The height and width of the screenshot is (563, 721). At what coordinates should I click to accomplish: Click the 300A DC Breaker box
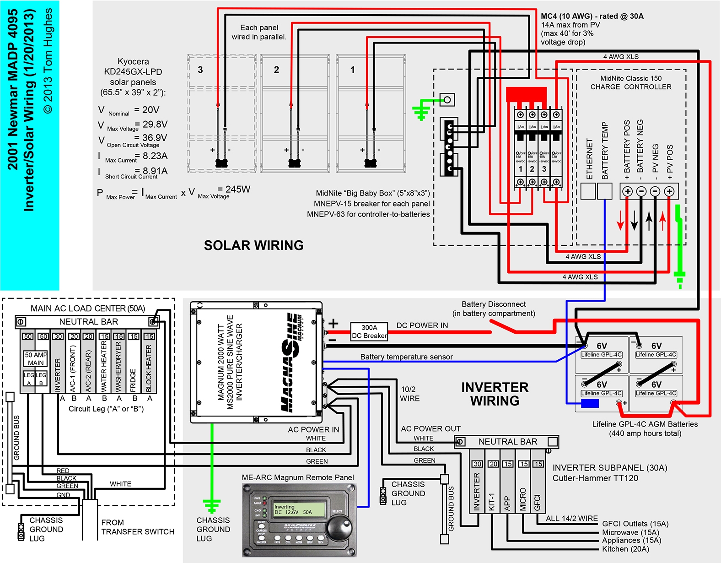(369, 331)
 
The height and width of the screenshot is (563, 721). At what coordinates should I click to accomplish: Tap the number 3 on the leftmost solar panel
(200, 70)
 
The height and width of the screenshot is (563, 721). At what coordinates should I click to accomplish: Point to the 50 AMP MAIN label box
(36, 358)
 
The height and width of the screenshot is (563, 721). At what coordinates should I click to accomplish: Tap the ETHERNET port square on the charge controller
(588, 191)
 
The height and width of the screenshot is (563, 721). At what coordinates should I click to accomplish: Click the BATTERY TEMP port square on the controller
(604, 191)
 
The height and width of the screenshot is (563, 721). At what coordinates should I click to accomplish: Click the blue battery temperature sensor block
(590, 403)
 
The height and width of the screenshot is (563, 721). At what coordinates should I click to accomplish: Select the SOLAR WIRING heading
(253, 245)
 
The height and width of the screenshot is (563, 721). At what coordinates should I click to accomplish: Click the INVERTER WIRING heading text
(495, 394)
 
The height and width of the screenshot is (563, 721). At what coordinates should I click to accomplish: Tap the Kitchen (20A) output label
(625, 549)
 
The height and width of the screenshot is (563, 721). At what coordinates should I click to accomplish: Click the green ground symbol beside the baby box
(421, 110)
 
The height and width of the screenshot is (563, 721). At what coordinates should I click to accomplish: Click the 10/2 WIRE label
(409, 394)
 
